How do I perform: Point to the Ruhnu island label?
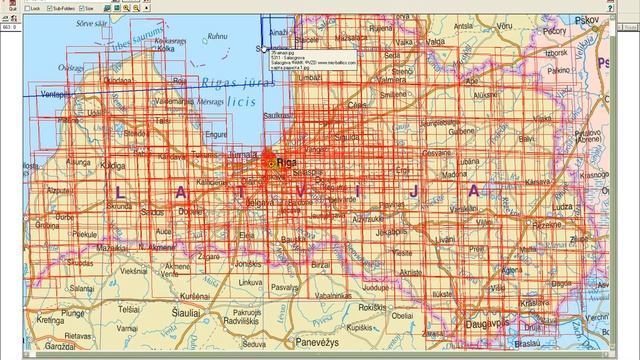tap(210, 37)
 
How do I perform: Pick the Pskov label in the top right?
tap(631, 62)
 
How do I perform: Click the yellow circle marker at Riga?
tap(270, 162)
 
